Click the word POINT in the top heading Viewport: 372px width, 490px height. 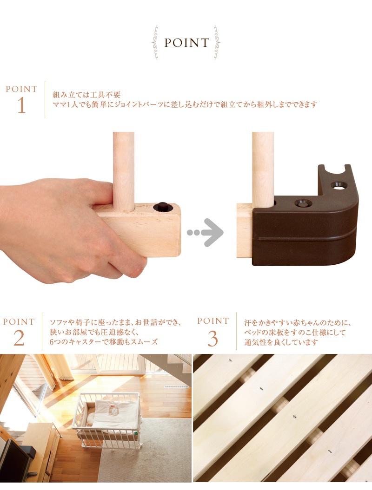tap(187, 43)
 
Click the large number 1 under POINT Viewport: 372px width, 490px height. tap(21, 105)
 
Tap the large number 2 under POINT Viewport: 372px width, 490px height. tap(19, 338)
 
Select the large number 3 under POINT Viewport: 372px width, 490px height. tap(213, 339)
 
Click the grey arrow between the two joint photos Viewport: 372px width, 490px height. tap(206, 233)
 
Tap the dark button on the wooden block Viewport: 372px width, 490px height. tap(162, 207)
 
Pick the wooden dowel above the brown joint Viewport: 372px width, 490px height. tap(263, 169)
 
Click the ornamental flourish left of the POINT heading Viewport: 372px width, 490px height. tap(155, 43)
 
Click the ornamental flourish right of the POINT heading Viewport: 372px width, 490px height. tap(217, 43)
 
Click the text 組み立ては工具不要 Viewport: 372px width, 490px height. tap(86, 95)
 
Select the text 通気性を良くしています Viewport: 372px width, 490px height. tap(281, 342)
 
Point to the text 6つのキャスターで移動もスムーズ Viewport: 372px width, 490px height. tap(104, 341)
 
